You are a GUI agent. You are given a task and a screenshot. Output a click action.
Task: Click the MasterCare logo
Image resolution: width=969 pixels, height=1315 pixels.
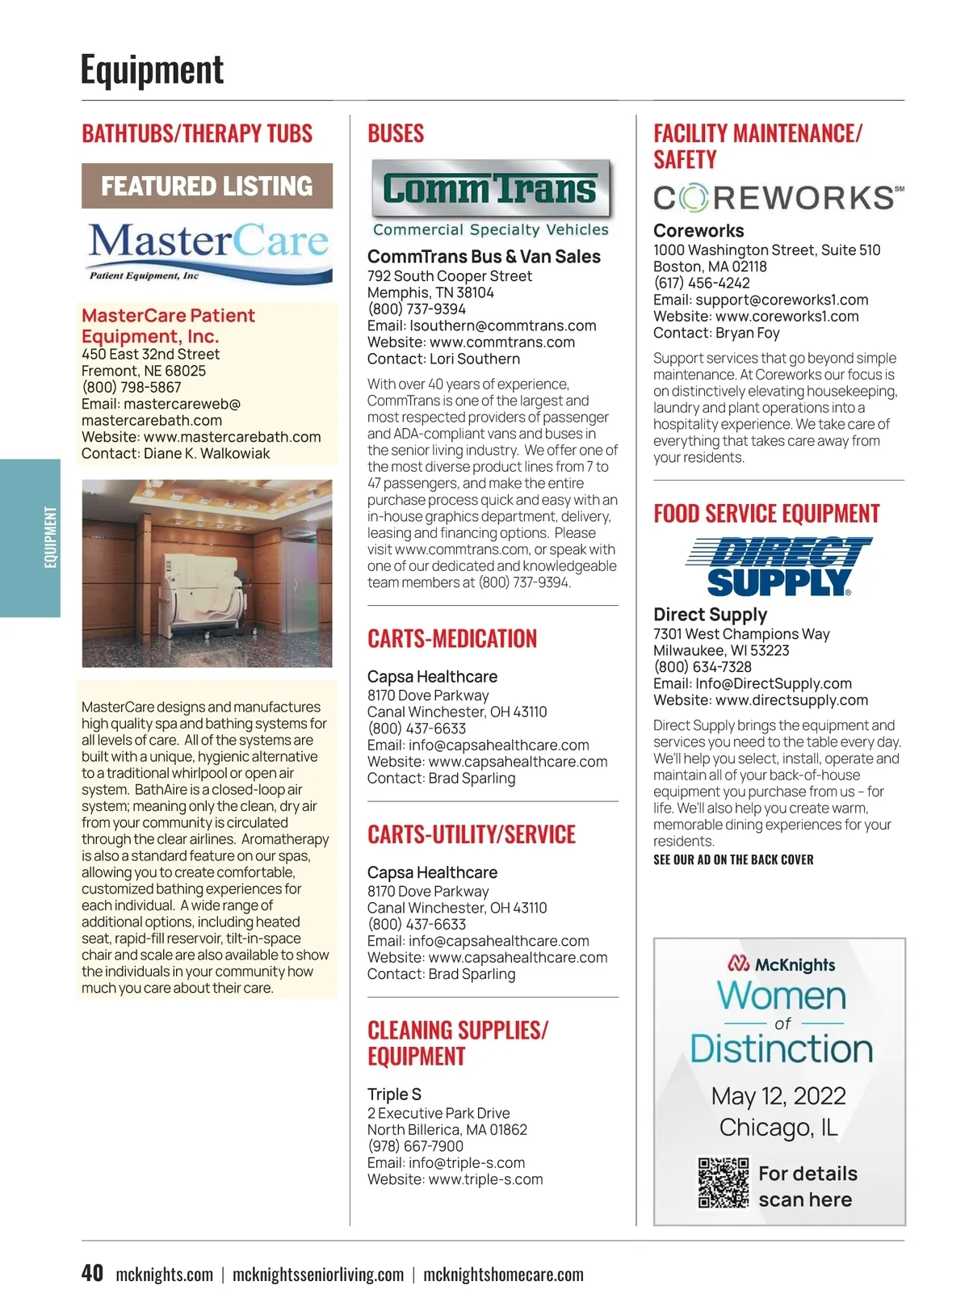click(208, 250)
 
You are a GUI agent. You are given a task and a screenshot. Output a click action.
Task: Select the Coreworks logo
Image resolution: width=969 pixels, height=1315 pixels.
click(778, 197)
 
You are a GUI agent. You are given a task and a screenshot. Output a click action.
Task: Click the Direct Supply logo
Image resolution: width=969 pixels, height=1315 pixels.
click(778, 567)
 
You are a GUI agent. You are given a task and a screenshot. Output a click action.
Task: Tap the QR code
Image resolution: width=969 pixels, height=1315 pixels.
click(723, 1183)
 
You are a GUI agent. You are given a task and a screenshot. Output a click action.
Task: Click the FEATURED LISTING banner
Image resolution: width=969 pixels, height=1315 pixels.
click(207, 187)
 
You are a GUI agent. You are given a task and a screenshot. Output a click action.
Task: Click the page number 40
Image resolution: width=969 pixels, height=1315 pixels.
click(92, 1273)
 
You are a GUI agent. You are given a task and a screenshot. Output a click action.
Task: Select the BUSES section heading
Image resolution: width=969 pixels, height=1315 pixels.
click(396, 133)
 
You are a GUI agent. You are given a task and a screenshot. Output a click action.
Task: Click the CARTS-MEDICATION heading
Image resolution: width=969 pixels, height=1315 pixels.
click(452, 639)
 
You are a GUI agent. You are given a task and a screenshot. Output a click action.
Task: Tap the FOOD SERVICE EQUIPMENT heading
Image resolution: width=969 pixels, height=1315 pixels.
click(766, 514)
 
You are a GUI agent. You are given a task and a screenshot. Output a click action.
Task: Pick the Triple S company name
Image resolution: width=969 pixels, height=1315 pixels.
click(394, 1094)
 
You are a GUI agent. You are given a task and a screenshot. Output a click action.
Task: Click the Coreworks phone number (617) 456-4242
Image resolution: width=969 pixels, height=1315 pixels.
click(702, 284)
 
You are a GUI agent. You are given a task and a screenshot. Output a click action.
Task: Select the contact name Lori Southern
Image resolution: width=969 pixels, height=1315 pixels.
click(475, 359)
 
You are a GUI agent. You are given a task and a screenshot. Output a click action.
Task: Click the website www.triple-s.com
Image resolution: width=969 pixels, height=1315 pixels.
click(485, 1179)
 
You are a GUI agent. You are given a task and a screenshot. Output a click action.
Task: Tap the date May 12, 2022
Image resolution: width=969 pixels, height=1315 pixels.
click(778, 1096)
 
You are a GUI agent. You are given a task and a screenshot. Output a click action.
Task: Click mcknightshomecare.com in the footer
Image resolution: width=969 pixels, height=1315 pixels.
click(503, 1275)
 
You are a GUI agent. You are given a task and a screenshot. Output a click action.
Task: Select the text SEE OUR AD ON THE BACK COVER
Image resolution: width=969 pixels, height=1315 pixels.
click(733, 859)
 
